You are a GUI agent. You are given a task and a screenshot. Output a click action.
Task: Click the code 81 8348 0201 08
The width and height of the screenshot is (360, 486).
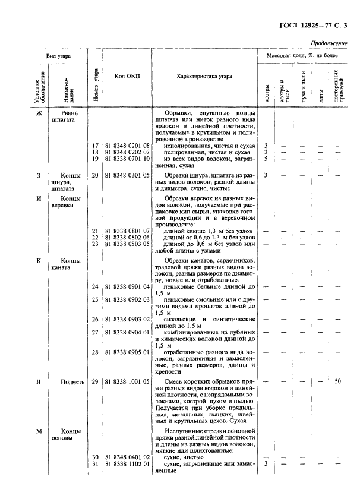click(127, 146)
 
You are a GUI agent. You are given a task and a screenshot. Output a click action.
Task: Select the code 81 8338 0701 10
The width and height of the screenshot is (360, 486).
click(127, 159)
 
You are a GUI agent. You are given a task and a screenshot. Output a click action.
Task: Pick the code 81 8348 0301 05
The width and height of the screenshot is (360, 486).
click(127, 175)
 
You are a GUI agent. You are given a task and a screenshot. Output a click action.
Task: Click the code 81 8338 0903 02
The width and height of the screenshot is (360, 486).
click(127, 319)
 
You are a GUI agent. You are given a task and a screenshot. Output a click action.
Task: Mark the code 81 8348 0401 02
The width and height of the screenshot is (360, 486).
click(127, 456)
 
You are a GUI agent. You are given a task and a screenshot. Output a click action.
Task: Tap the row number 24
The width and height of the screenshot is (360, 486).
click(94, 286)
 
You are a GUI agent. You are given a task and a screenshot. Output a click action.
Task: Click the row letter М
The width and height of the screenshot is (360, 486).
click(39, 431)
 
